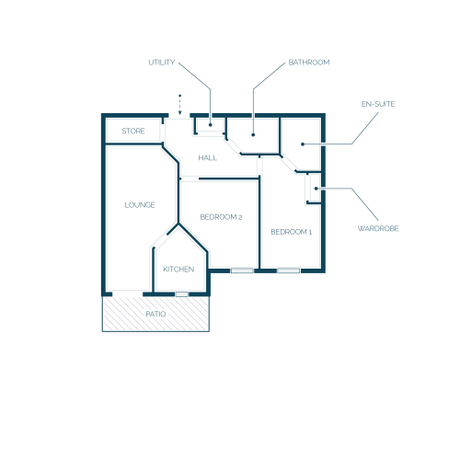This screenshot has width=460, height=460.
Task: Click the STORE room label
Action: tap(133, 132)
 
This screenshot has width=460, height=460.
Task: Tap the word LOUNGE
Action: tap(140, 205)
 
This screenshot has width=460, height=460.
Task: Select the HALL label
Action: tap(208, 158)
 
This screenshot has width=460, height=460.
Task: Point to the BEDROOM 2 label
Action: tap(221, 217)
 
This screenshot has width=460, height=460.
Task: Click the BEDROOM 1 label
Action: tap(292, 232)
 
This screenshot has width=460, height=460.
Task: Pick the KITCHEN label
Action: tap(178, 270)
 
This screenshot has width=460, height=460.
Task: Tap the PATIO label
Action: tap(155, 314)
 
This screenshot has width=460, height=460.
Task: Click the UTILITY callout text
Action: tap(162, 63)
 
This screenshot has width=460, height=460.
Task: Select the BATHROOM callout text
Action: tap(309, 63)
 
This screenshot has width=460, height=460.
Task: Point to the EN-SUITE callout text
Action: tap(378, 104)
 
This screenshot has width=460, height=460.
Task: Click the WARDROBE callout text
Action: tap(378, 228)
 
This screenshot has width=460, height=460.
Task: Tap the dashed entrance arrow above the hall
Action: tap(180, 105)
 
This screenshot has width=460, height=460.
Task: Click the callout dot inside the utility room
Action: tap(211, 125)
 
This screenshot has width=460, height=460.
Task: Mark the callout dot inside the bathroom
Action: tap(253, 134)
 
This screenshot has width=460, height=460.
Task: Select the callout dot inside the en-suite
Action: tap(303, 144)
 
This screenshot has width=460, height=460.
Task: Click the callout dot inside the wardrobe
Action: tap(316, 189)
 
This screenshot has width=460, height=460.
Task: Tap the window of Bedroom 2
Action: tap(242, 270)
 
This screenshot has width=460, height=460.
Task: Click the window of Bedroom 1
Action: tap(289, 270)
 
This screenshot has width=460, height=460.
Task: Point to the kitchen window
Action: tap(182, 294)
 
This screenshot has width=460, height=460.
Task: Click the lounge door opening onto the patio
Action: tap(128, 293)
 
